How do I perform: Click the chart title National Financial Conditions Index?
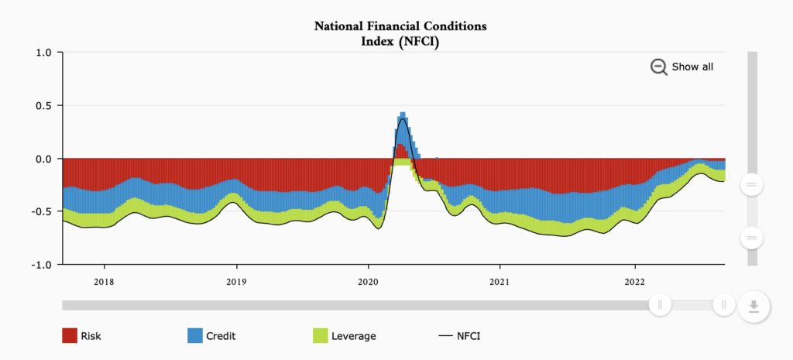point(400,33)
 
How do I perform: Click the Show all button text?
point(692,67)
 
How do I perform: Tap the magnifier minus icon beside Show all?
point(658,67)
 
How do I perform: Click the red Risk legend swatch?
point(70,336)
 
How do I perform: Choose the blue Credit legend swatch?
point(195,336)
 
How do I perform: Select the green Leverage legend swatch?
point(320,336)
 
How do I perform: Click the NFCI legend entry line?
point(445,336)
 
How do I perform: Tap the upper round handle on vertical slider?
point(751,184)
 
